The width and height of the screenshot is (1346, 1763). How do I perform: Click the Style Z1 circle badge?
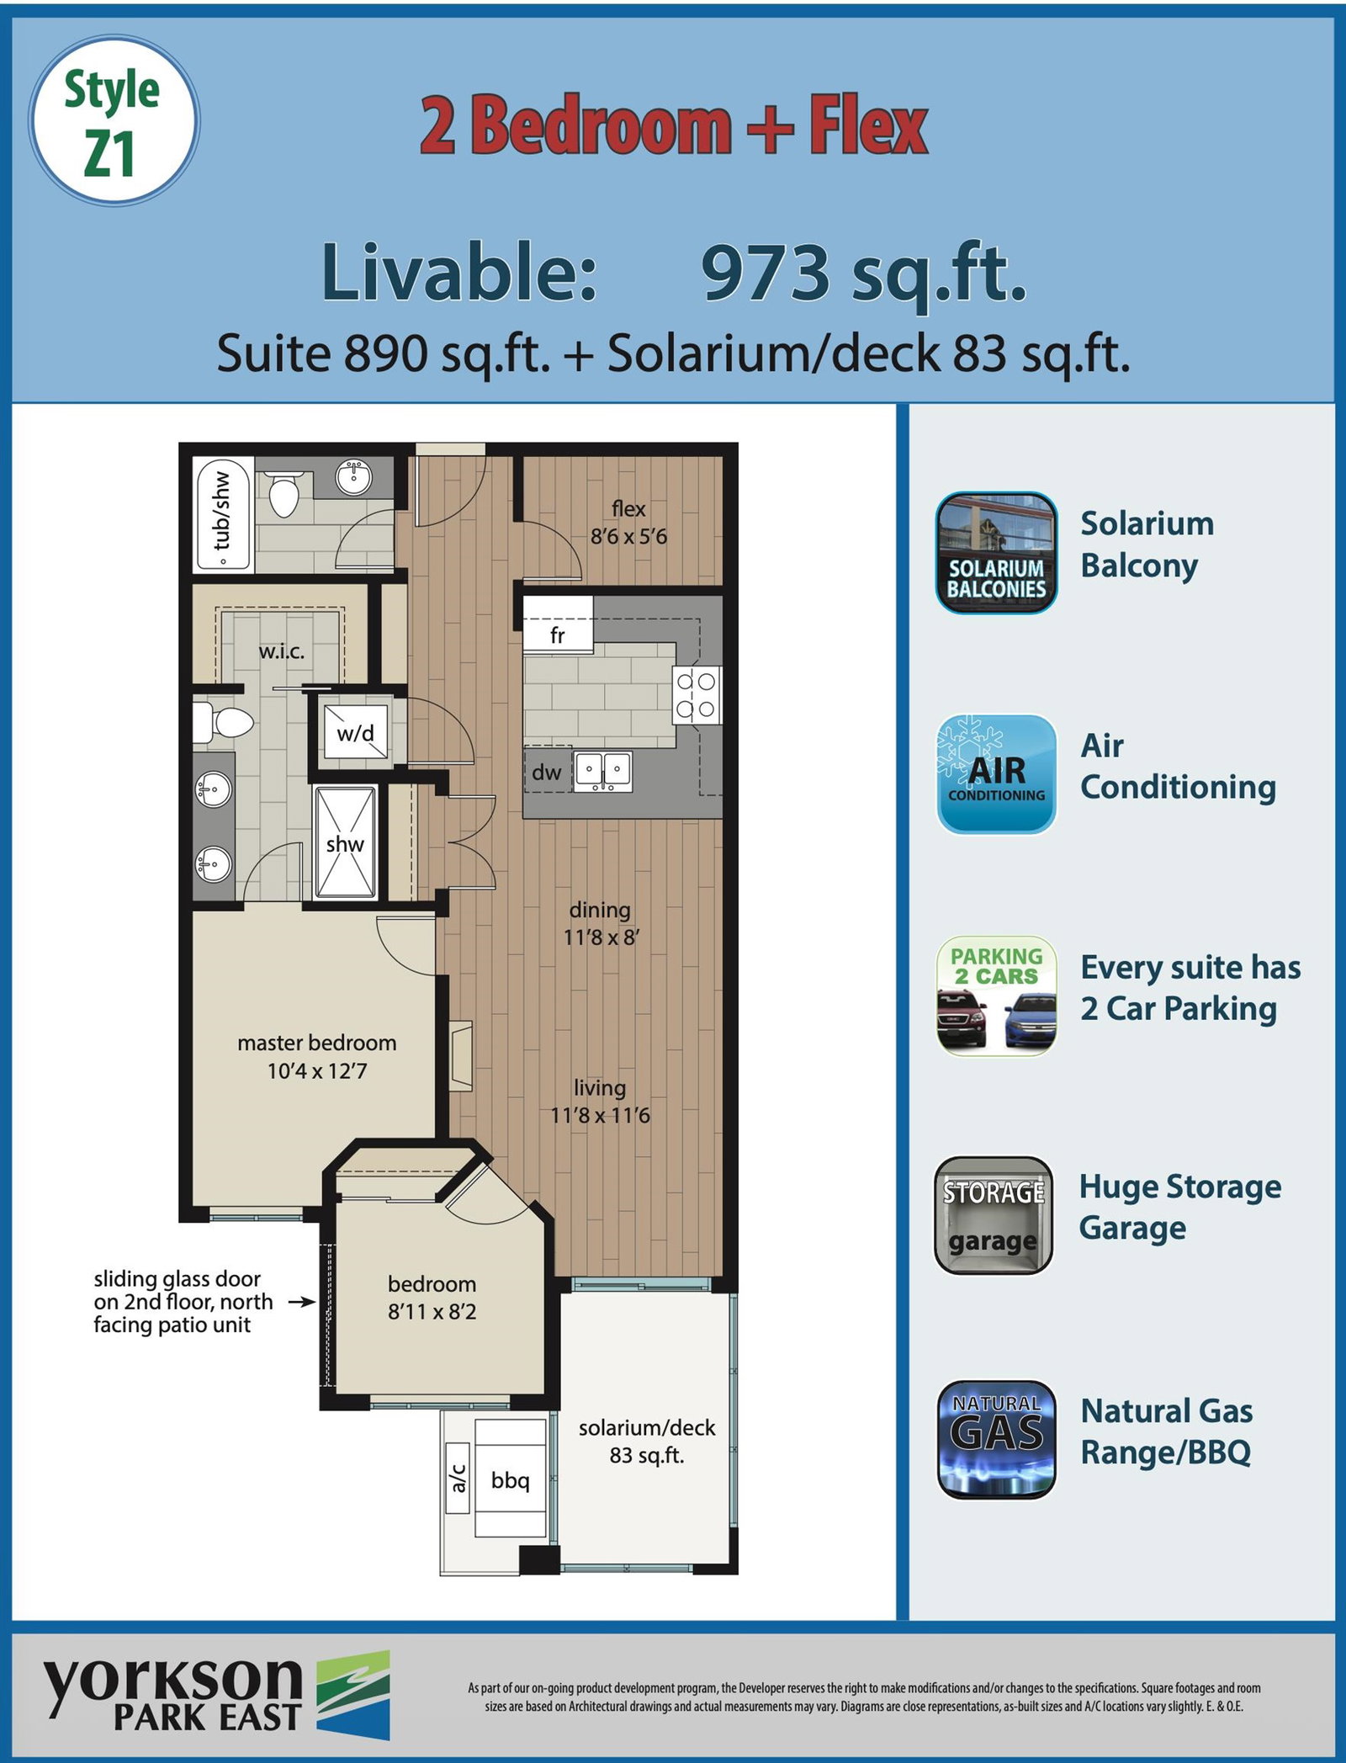click(114, 120)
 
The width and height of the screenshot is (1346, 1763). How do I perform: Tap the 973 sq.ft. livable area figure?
click(864, 273)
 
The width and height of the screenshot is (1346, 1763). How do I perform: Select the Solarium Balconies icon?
click(996, 553)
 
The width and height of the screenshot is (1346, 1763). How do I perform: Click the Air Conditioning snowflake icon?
click(996, 774)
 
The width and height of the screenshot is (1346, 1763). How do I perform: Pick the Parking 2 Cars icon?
click(996, 996)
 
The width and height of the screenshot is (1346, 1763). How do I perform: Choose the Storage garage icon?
click(994, 1215)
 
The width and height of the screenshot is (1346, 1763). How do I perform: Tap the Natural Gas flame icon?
click(996, 1439)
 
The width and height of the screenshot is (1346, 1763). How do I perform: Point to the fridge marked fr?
click(558, 624)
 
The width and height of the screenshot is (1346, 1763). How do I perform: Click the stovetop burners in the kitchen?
click(697, 695)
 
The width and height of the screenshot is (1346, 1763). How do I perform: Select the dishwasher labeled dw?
click(548, 772)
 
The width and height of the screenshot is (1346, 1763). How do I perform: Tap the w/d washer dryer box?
click(357, 732)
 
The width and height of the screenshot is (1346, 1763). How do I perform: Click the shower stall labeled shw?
click(345, 843)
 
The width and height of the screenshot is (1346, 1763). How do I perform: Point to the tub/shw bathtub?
click(223, 512)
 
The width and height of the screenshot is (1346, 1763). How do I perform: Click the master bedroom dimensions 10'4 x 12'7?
click(317, 1070)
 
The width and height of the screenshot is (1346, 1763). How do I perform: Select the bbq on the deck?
click(511, 1479)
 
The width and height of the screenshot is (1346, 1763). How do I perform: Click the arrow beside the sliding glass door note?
click(302, 1302)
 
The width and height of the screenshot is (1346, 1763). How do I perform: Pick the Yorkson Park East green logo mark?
click(353, 1695)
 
